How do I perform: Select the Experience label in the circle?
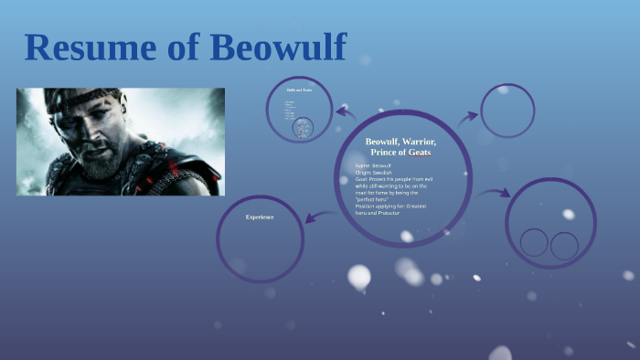260,217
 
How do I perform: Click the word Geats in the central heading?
420,152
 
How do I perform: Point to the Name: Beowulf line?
374,165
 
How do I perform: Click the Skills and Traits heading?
300,90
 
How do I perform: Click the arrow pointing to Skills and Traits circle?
346,112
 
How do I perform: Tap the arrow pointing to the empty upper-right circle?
467,117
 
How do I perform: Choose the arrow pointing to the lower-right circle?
495,194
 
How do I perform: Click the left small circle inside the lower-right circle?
534,244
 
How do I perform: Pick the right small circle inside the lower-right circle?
564,245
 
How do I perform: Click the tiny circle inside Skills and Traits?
303,128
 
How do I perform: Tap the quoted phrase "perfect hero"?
374,199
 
